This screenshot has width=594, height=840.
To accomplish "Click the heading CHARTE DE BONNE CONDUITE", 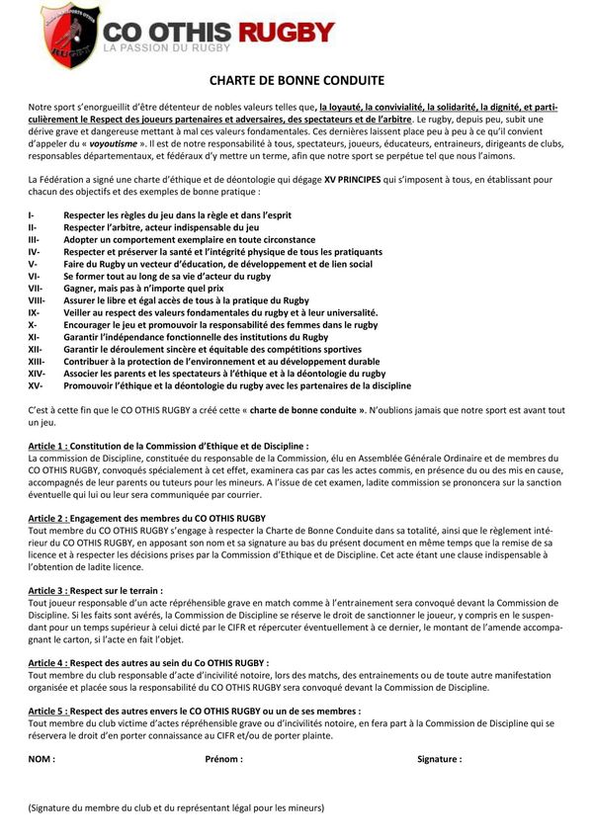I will pos(297,80).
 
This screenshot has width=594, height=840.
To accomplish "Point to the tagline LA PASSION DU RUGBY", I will pos(167,47).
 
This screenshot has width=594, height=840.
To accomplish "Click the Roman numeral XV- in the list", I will pos(35,385).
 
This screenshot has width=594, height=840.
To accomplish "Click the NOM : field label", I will pos(42,759).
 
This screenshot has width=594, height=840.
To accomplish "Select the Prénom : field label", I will pos(223,759).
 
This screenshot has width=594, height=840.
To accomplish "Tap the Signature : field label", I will pos(439,759).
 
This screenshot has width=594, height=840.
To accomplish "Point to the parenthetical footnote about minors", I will pos(176,806).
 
